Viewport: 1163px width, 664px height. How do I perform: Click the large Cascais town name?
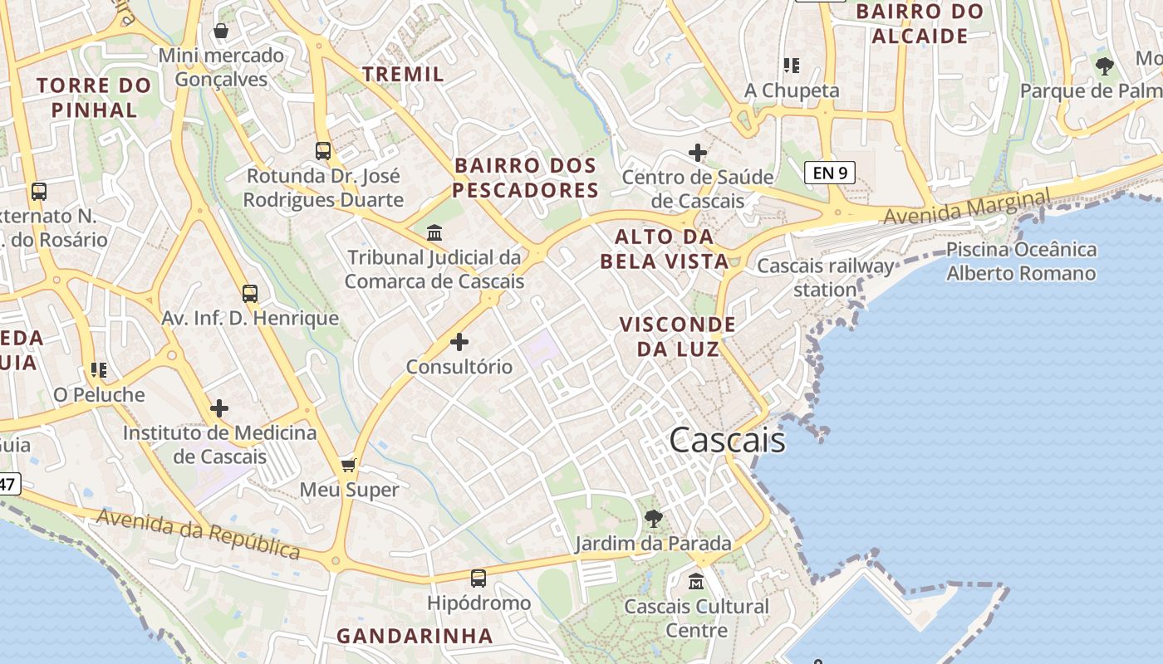(727, 440)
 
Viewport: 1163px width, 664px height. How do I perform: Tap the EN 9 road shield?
(829, 173)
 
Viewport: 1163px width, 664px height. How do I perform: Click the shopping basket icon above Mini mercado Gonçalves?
(221, 32)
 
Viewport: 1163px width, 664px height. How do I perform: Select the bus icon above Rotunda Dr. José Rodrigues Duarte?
(323, 151)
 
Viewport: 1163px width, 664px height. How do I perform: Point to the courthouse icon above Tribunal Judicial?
(434, 232)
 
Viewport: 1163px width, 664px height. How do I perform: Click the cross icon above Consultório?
(459, 341)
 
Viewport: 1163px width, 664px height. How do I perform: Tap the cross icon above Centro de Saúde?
(698, 153)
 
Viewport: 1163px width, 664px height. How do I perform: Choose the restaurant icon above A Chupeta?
(791, 65)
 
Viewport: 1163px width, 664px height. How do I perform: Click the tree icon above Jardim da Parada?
(654, 519)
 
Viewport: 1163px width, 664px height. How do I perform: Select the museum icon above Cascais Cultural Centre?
(697, 581)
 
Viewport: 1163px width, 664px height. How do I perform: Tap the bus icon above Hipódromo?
(478, 578)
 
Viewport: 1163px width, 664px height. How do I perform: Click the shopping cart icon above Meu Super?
(349, 465)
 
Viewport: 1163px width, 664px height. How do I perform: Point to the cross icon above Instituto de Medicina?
(219, 408)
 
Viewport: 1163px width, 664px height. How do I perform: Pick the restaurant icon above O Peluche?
(99, 369)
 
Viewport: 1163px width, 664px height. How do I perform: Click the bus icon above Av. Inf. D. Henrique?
(250, 293)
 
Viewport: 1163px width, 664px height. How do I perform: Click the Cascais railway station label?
(825, 278)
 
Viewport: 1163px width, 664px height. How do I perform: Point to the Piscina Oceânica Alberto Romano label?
(1021, 261)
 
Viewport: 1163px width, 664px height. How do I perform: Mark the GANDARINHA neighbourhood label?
(415, 636)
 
